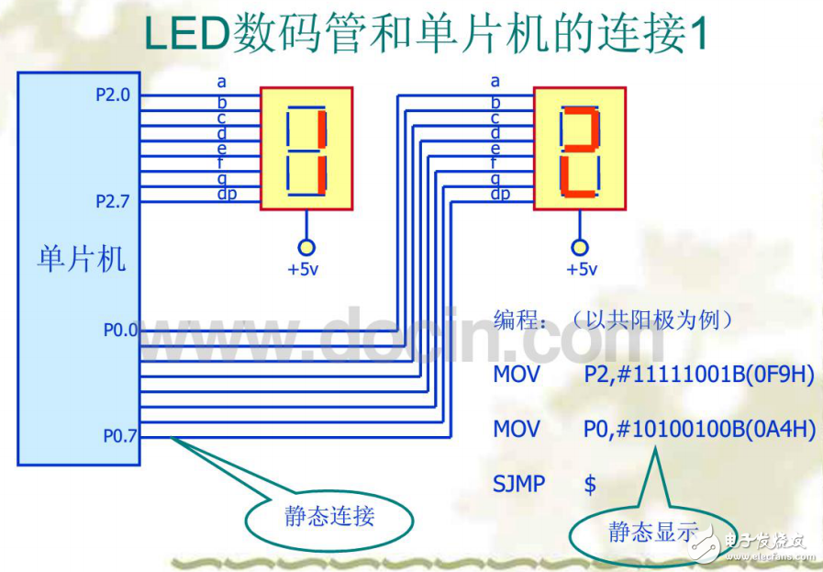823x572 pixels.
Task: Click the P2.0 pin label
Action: coord(113,95)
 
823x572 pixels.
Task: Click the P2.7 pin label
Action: coord(113,201)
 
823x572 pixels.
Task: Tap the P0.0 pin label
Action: coord(119,329)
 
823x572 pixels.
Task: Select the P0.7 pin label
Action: coord(119,436)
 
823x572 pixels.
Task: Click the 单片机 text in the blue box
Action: coord(81,259)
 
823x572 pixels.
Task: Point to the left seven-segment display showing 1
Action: coord(306,149)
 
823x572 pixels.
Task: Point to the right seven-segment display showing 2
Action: coord(580,149)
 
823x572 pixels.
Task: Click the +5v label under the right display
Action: coord(581,269)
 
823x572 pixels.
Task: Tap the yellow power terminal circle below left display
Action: coord(306,247)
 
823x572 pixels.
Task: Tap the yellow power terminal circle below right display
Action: coord(579,247)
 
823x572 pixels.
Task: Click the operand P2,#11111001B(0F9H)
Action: coord(698,376)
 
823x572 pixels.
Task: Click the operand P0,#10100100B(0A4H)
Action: coord(698,429)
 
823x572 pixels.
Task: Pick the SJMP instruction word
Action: coord(518,484)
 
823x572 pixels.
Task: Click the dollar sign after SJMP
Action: coord(590,484)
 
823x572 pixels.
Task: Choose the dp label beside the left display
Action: coord(226,194)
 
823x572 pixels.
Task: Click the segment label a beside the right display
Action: coord(495,82)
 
